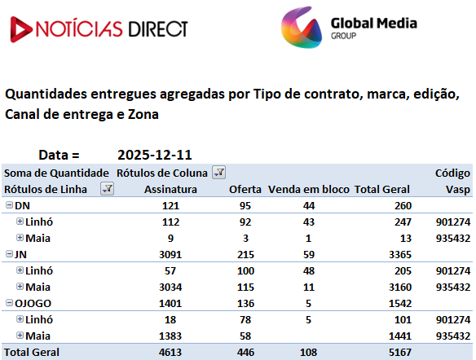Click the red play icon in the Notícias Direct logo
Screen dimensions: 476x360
coord(20,29)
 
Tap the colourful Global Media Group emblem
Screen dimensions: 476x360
coord(301,28)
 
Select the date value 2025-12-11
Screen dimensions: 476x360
coord(155,155)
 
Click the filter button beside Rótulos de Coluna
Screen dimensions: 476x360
coord(218,173)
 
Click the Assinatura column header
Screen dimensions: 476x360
coord(170,189)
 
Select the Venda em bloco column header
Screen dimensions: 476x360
coord(309,189)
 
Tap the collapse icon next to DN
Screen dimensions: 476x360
coord(10,205)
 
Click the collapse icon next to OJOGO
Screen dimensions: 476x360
coord(10,303)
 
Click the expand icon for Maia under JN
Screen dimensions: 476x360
coord(20,287)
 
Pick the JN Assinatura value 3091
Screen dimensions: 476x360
coord(170,254)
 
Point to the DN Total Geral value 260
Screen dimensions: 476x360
coord(403,205)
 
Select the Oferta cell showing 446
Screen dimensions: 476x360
coord(245,352)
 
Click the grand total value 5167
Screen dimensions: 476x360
coord(400,352)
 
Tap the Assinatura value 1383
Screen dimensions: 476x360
coord(170,336)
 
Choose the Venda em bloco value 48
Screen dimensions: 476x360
coord(309,271)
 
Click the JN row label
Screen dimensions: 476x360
coord(20,254)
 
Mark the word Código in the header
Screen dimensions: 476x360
coord(452,173)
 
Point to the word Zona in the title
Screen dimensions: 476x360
coord(143,115)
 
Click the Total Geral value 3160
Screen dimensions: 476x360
coord(400,288)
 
